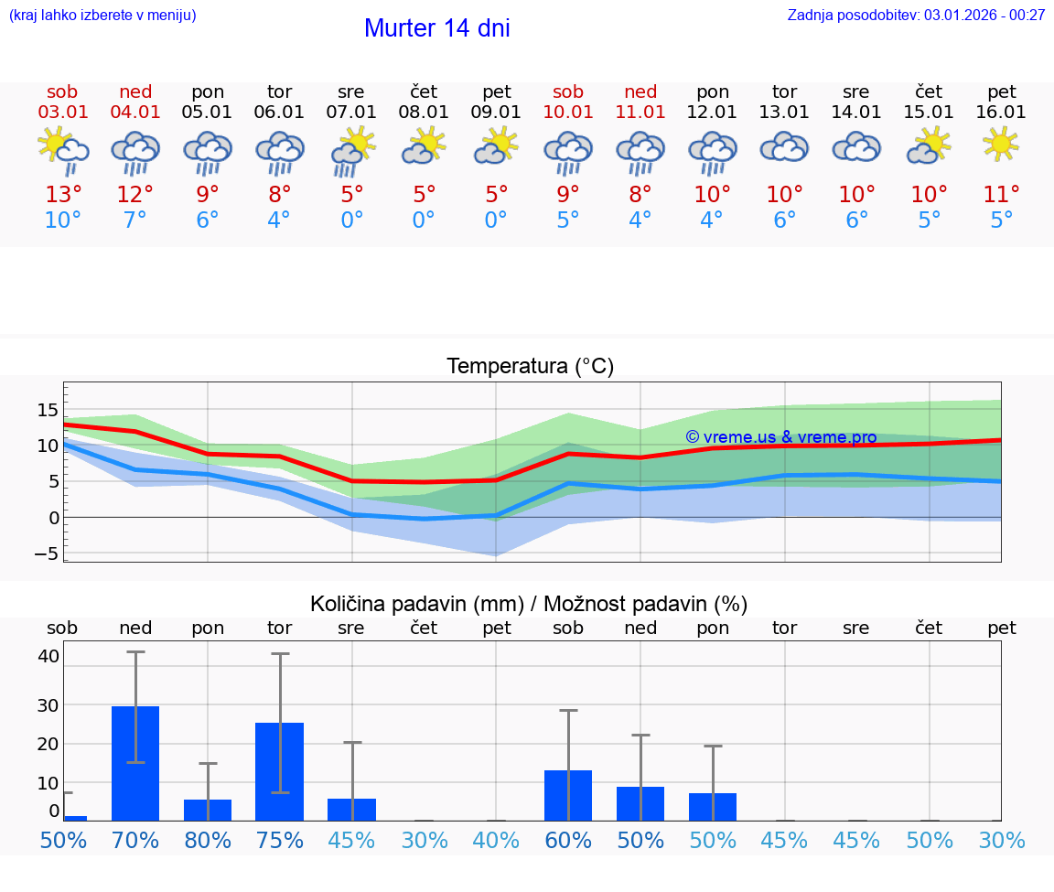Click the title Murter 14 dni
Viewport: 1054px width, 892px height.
tap(436, 28)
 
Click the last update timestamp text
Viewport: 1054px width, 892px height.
tap(916, 15)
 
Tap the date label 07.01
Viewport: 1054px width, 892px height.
tap(351, 113)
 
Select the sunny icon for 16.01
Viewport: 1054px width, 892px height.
tap(1001, 145)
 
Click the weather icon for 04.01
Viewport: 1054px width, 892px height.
tap(135, 151)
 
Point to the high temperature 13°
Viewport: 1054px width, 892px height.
tap(63, 194)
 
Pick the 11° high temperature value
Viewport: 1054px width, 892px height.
tap(1001, 194)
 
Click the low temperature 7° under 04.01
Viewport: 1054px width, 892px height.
tap(135, 220)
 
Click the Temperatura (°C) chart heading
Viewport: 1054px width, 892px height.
tap(530, 367)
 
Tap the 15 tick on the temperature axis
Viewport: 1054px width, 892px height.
tap(48, 410)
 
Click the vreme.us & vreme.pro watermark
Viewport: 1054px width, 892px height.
tap(780, 437)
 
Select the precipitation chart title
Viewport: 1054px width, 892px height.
tap(529, 604)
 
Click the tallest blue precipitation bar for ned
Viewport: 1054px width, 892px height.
tap(135, 763)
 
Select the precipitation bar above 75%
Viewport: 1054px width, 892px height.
tap(279, 771)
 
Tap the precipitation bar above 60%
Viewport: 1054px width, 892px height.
tap(568, 795)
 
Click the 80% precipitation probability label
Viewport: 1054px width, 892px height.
tap(208, 840)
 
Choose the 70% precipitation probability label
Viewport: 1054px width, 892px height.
tap(135, 840)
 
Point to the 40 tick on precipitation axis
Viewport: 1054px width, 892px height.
tap(48, 656)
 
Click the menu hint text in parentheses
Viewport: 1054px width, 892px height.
tap(102, 15)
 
